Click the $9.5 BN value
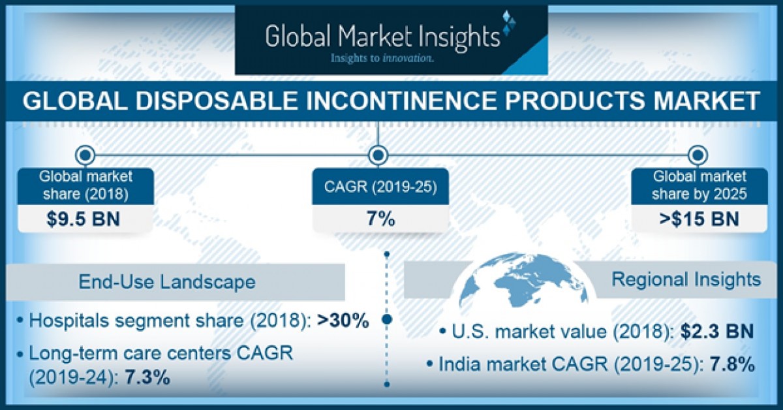point(84,219)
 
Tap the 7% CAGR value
point(380,219)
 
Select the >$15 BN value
point(698,219)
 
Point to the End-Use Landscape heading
point(167,281)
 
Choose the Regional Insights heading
point(686,279)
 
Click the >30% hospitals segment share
point(344,321)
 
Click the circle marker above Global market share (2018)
point(85,155)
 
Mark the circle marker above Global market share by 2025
point(698,155)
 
